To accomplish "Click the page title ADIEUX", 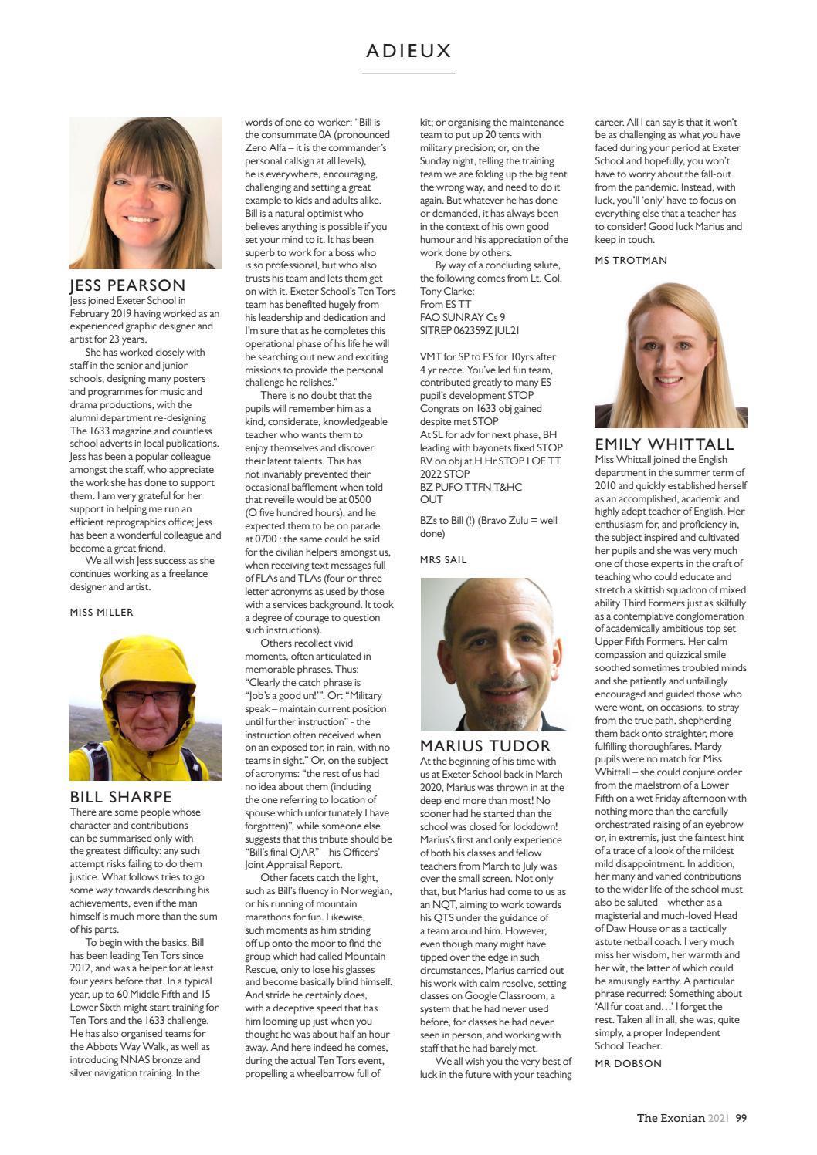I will point(408,51).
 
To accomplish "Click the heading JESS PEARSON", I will point(127,285).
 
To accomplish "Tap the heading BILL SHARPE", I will point(120,796).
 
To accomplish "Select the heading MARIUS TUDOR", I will point(485,745).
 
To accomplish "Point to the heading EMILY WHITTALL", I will point(664,444).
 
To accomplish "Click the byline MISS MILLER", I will point(101,612).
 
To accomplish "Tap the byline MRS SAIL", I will point(443,559).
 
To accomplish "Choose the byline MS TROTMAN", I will point(631,260).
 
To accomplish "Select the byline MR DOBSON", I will point(628,1063).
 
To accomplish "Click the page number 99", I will point(741,1118).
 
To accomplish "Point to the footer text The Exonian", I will point(670,1118).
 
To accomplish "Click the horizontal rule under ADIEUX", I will point(408,73).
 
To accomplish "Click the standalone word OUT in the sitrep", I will point(431,500).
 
